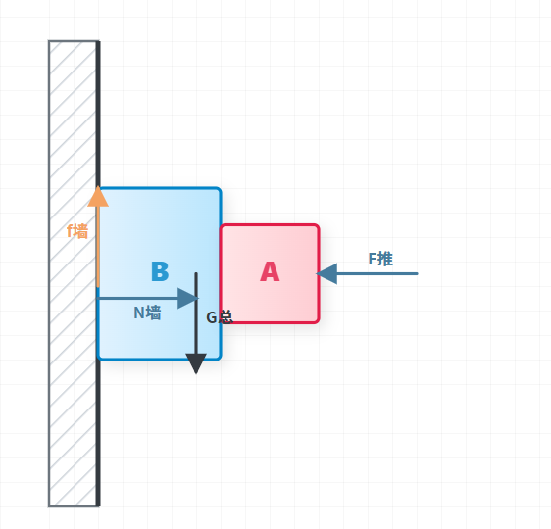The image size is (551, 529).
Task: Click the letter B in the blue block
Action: tap(160, 271)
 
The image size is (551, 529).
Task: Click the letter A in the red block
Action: tap(270, 271)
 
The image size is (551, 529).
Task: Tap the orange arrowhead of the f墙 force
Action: tap(98, 197)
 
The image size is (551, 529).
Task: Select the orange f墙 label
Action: tap(77, 231)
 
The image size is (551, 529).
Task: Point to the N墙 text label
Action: tap(148, 313)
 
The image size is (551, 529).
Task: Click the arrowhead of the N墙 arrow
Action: tap(188, 299)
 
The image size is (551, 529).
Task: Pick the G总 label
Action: tap(220, 317)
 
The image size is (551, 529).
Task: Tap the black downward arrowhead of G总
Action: tap(196, 364)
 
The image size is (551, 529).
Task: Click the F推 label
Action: tap(380, 259)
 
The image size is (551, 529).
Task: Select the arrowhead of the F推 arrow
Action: tap(326, 273)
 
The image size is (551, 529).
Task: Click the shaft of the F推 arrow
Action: tap(377, 273)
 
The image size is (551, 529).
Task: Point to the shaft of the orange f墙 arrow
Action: tap(98, 247)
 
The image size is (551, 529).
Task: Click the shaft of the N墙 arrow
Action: tap(137, 299)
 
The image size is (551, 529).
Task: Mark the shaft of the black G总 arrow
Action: tap(196, 313)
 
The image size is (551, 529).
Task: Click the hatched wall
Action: tap(75, 273)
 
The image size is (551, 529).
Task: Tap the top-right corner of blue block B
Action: tap(221, 188)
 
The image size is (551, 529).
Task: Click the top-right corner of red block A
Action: tap(319, 224)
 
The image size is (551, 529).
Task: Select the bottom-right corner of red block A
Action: tap(319, 322)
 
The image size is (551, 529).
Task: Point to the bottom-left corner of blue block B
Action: tap(98, 360)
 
